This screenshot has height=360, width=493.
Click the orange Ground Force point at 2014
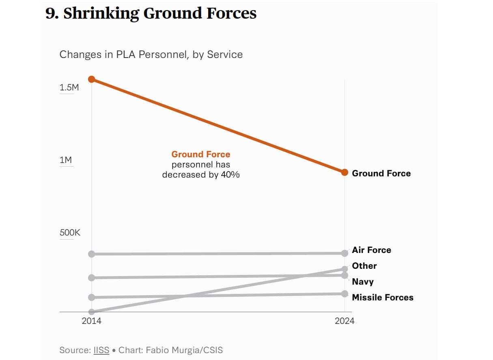pyautogui.click(x=92, y=79)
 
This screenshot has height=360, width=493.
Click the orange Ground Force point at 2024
pyautogui.click(x=344, y=172)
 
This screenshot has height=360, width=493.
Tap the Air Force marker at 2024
pyautogui.click(x=344, y=253)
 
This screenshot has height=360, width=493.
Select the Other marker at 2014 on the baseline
pyautogui.click(x=92, y=312)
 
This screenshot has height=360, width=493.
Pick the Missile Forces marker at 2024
pyautogui.click(x=344, y=294)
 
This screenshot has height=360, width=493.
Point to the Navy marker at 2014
pyautogui.click(x=92, y=278)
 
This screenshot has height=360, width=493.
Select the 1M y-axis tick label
pyautogui.click(x=66, y=160)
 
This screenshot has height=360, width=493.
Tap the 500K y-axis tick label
pyautogui.click(x=70, y=233)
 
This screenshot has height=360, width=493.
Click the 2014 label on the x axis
pyautogui.click(x=92, y=321)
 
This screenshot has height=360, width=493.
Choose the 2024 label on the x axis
pyautogui.click(x=344, y=321)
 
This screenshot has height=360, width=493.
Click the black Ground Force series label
pyautogui.click(x=381, y=174)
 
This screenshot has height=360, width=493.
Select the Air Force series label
pyautogui.click(x=371, y=250)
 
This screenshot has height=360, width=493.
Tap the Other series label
pyautogui.click(x=364, y=266)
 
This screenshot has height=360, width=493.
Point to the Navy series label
pyautogui.click(x=363, y=282)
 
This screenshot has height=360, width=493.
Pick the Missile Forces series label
pyautogui.click(x=383, y=298)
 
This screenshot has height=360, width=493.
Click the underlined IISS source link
pyautogui.click(x=101, y=350)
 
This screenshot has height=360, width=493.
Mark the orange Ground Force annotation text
pyautogui.click(x=200, y=154)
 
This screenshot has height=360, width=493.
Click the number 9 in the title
pyautogui.click(x=50, y=13)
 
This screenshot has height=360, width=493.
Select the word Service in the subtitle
pyautogui.click(x=225, y=54)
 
